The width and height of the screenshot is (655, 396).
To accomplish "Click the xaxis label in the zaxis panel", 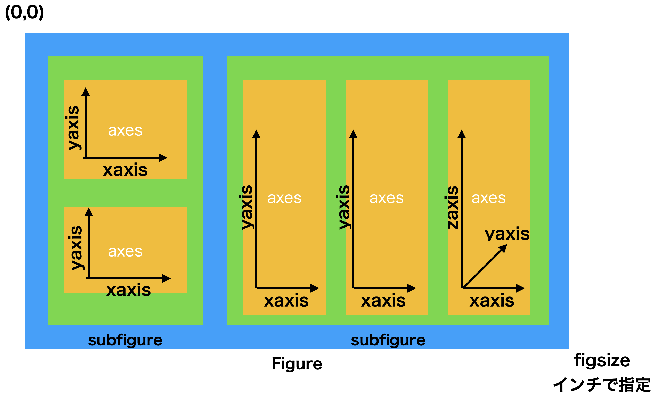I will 492,301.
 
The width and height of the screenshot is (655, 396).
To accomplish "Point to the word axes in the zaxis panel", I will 489,198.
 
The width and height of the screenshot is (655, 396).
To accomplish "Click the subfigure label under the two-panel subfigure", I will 125,340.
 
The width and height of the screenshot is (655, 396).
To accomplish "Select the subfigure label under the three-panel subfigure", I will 388,340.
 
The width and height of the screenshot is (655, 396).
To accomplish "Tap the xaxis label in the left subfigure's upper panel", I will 125,170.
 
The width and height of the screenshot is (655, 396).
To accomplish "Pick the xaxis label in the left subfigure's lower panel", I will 129,290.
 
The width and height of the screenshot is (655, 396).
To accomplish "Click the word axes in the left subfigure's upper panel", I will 125,131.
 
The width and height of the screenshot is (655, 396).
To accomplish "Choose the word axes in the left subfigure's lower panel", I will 125,252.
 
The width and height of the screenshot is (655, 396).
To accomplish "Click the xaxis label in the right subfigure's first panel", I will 286,301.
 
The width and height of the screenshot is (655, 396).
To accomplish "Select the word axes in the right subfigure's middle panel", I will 387,198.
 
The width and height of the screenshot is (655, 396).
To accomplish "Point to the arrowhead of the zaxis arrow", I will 462,135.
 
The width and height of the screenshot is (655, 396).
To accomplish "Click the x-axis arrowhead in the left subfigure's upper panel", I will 163,158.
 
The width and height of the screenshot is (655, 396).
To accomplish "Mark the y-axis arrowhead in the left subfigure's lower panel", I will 88,212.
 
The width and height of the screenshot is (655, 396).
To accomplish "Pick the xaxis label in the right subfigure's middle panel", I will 383,301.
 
